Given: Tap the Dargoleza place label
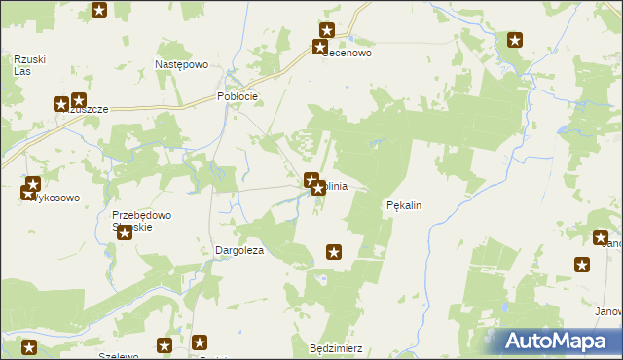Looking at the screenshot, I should point(239,250).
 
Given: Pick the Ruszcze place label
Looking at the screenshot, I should point(84,110).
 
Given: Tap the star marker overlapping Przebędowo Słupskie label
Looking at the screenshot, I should point(124,234).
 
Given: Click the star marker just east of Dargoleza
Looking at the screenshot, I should point(334,253).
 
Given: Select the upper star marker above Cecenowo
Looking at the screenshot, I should point(327,30).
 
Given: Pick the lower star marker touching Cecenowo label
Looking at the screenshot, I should point(319,47).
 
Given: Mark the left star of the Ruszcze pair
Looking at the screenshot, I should point(61,103).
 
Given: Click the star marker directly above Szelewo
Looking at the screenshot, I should point(165,345).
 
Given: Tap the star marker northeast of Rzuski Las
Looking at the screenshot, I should point(99,11).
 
